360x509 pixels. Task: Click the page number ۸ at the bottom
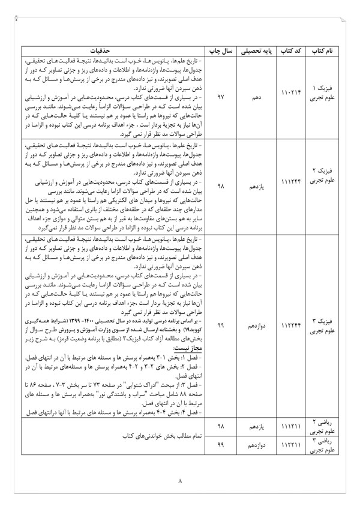pyautogui.click(x=179, y=481)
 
